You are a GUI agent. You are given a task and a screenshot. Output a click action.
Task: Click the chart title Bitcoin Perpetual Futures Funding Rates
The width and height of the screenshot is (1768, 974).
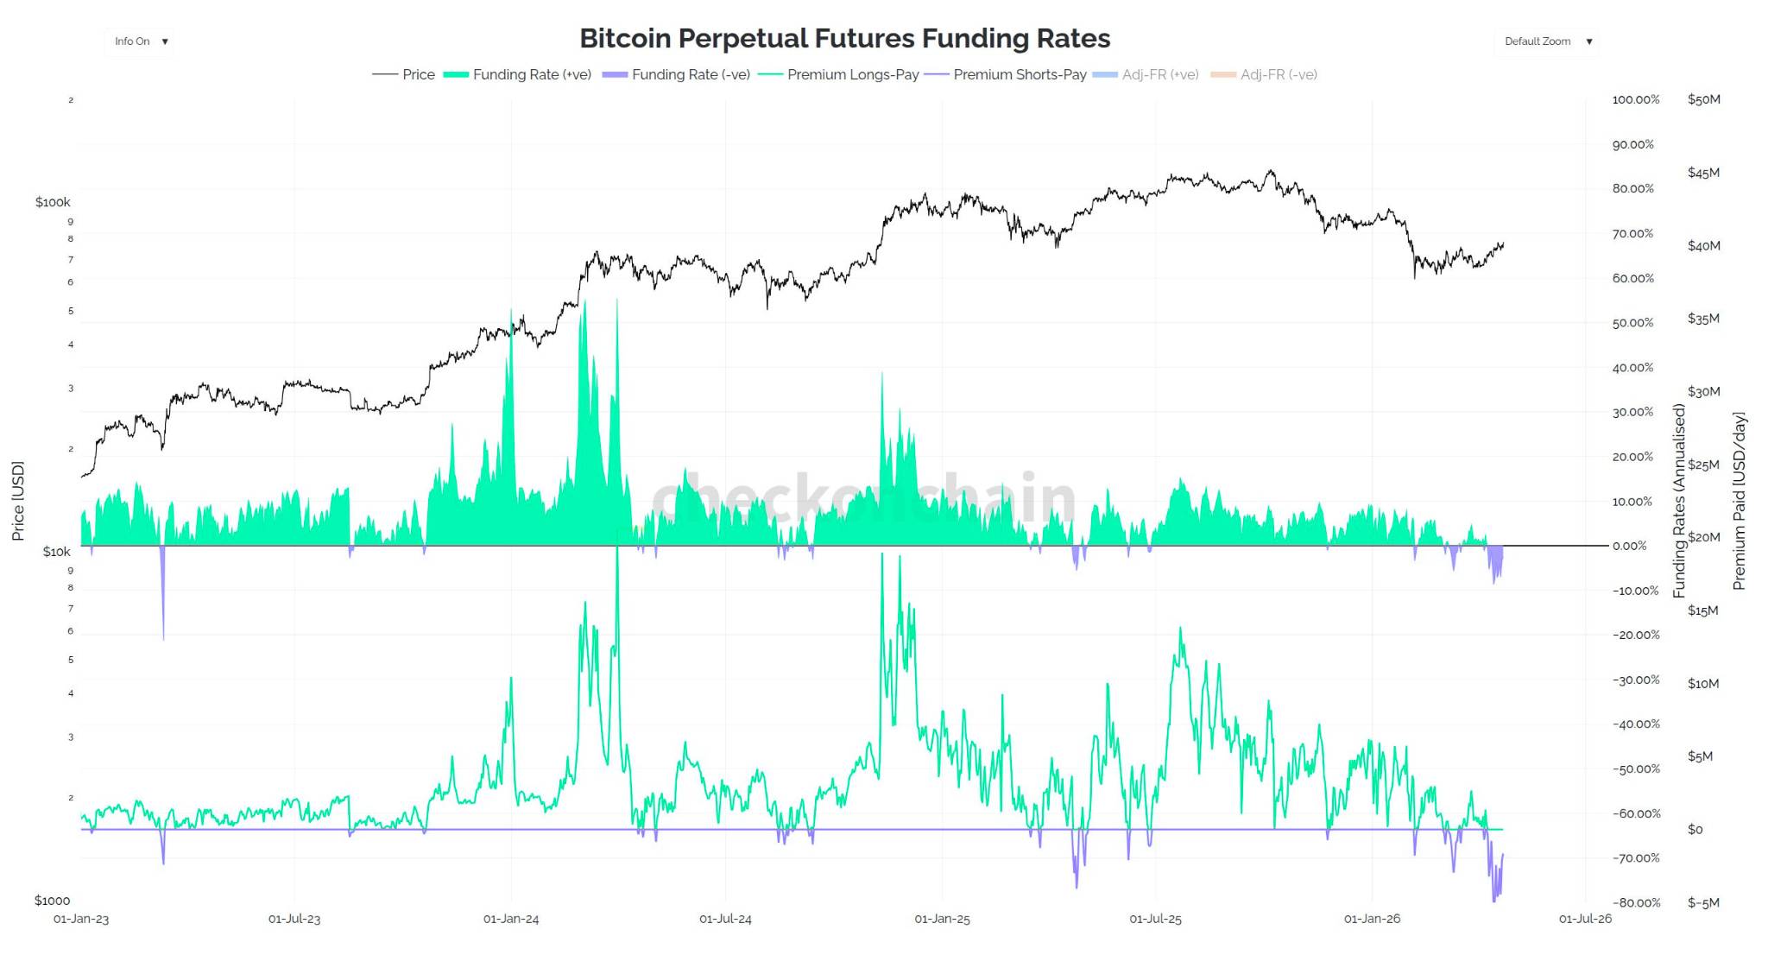click(844, 39)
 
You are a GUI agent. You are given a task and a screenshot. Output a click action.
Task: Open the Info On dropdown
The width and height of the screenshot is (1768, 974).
click(140, 41)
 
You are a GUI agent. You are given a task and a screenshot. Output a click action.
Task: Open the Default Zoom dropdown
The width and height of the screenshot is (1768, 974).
click(1547, 41)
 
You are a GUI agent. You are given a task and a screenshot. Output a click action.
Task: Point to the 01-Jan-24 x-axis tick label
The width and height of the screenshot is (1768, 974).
click(511, 919)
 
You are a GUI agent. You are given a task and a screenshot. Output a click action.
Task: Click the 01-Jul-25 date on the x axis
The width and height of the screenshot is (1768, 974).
click(1155, 919)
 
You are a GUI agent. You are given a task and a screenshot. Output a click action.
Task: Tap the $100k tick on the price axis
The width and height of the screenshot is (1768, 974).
click(53, 202)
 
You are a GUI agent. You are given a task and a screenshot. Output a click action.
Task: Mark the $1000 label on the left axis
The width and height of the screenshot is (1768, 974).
click(52, 901)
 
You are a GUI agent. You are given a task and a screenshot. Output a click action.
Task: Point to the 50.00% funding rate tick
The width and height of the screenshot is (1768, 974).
click(1632, 323)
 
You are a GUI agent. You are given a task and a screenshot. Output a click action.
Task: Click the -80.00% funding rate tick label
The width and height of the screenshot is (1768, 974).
click(1636, 902)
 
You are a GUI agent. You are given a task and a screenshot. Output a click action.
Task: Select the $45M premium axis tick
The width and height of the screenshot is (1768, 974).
click(1703, 173)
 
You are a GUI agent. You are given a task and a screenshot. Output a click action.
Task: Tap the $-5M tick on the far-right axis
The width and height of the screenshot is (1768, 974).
click(1703, 902)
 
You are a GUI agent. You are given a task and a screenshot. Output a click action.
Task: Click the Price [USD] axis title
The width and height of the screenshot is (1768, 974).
click(18, 501)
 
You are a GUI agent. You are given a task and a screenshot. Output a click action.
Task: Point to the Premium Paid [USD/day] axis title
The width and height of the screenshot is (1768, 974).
click(1739, 501)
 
